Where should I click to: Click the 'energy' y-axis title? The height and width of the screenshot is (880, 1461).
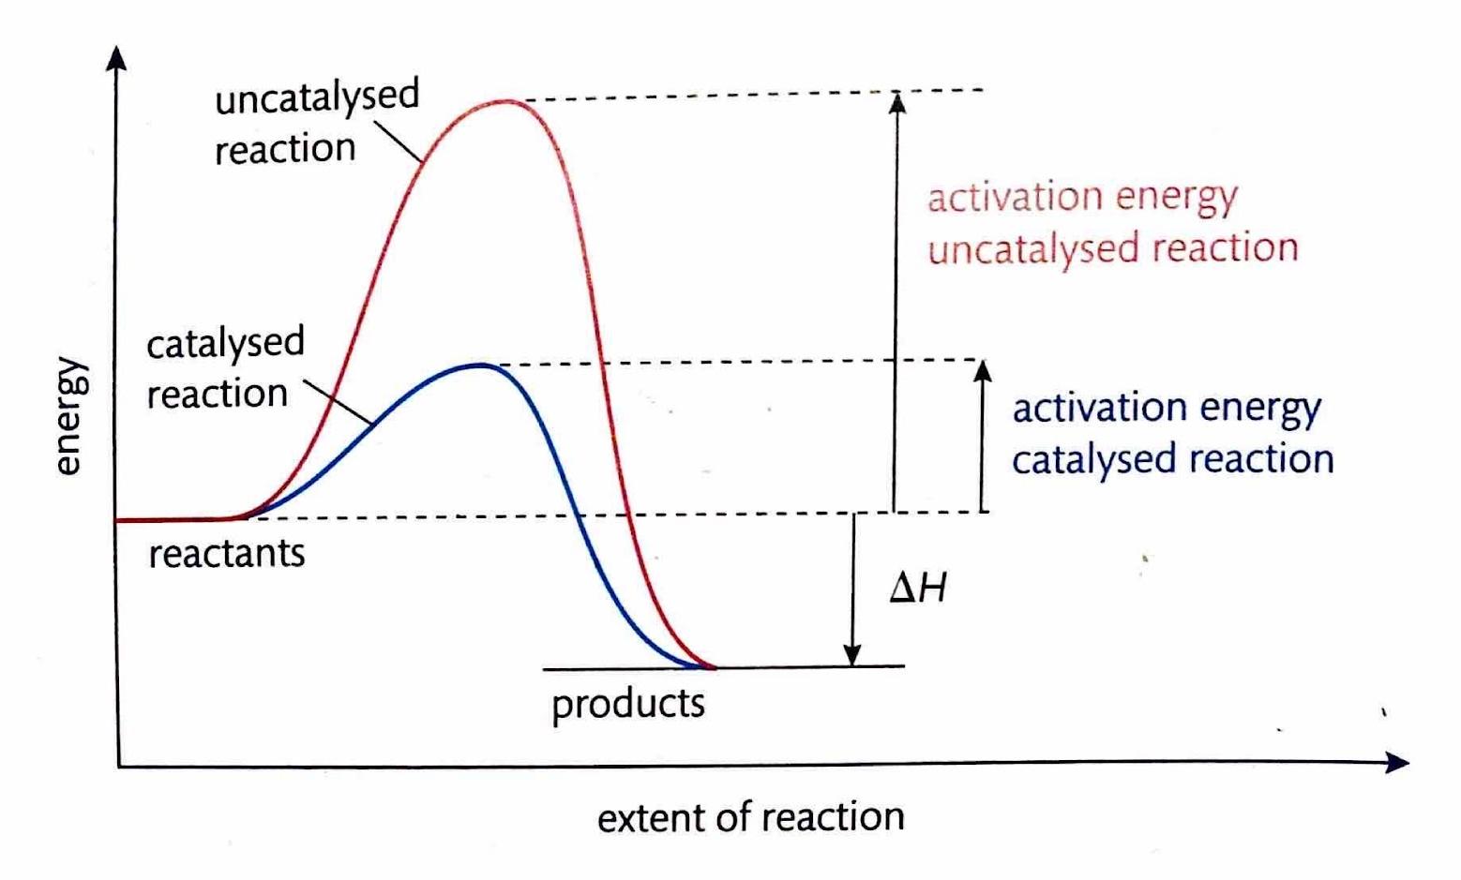[69, 417]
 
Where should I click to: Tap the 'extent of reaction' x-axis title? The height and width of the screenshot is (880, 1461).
[750, 818]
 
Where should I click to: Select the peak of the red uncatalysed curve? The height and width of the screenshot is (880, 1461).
[506, 101]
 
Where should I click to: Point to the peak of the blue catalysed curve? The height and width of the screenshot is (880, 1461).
[478, 365]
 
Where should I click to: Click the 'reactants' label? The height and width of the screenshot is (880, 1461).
[227, 554]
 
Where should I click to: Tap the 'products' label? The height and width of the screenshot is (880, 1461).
[628, 703]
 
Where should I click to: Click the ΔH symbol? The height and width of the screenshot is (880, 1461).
[918, 588]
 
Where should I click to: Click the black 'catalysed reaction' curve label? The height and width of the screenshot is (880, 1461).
[225, 368]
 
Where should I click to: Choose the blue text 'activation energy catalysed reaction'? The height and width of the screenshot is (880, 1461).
[1172, 434]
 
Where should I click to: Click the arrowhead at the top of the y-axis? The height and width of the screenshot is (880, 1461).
[117, 56]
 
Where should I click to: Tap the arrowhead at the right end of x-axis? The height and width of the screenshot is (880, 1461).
[1397, 764]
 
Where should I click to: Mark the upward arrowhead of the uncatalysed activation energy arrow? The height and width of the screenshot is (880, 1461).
[897, 100]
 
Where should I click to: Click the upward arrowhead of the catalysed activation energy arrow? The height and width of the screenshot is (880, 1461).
[983, 370]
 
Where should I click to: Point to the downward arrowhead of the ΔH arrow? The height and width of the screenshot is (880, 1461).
[852, 655]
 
